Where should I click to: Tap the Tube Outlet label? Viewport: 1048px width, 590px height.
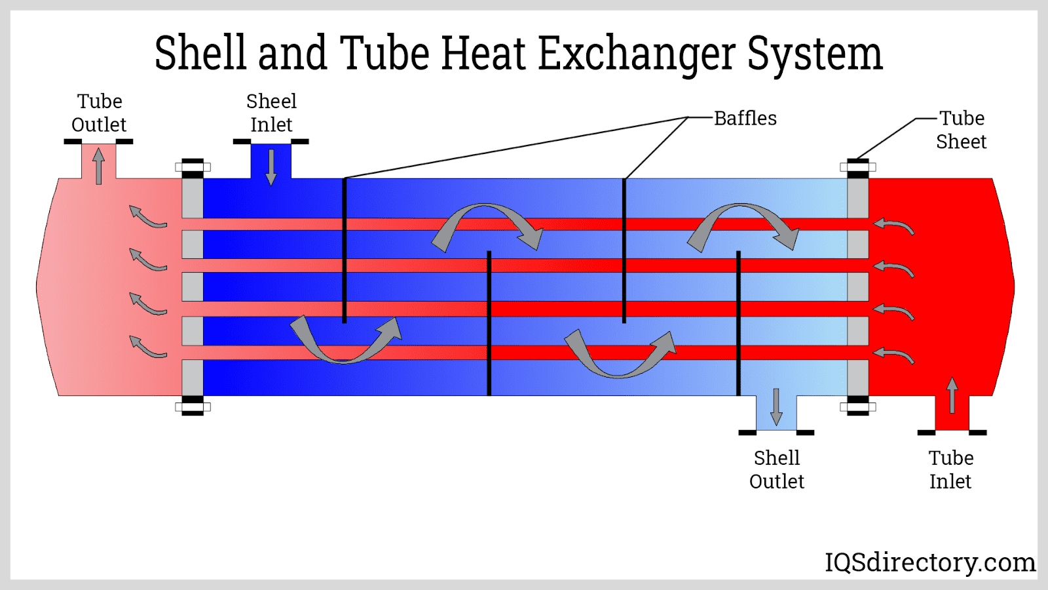pyautogui.click(x=99, y=113)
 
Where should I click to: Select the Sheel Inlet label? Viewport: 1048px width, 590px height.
pyautogui.click(x=271, y=113)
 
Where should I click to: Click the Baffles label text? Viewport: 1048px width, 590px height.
pyautogui.click(x=745, y=119)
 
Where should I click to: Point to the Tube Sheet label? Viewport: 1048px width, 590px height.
pyautogui.click(x=961, y=130)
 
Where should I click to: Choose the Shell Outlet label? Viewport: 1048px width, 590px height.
pyautogui.click(x=777, y=469)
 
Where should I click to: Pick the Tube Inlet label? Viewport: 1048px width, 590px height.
pyautogui.click(x=951, y=469)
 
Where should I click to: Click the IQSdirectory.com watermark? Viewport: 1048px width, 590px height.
pyautogui.click(x=929, y=562)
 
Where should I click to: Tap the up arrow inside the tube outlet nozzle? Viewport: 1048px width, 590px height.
pyautogui.click(x=99, y=165)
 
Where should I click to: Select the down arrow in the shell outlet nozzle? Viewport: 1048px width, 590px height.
pyautogui.click(x=777, y=406)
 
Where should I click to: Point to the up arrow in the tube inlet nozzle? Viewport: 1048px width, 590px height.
pyautogui.click(x=952, y=395)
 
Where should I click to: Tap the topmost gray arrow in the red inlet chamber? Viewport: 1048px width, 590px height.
pyautogui.click(x=894, y=226)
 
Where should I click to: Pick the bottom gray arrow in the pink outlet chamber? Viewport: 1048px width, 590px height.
pyautogui.click(x=147, y=347)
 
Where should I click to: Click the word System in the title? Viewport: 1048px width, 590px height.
pyautogui.click(x=815, y=54)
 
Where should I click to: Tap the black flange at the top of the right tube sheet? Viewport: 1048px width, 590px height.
pyautogui.click(x=858, y=162)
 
